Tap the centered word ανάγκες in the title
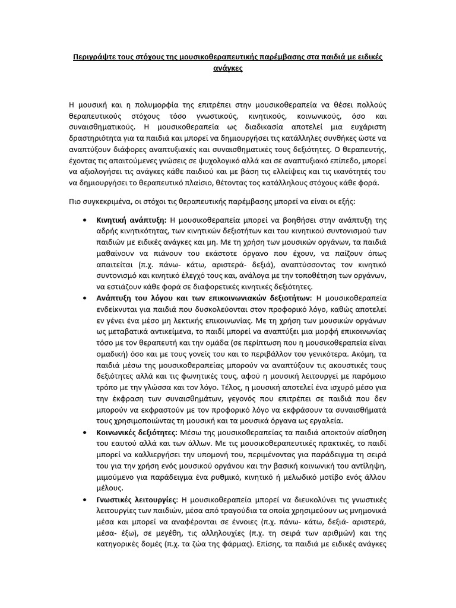[227, 69]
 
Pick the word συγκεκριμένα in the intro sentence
[107, 201]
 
